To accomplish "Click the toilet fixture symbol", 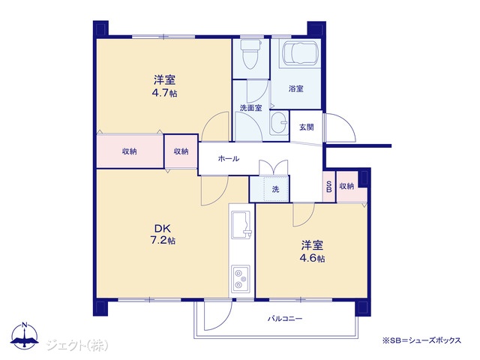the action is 251,54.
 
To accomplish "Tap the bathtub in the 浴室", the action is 300,53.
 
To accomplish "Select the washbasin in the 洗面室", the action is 280,123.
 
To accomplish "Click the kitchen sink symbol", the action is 241,224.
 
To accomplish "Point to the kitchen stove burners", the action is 241,278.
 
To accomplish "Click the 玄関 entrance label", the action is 307,127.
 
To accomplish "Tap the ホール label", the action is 229,158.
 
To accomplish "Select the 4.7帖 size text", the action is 165,93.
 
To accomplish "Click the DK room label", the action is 163,229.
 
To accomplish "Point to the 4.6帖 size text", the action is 312,258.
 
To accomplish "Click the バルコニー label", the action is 285,319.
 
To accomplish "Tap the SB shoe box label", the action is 329,187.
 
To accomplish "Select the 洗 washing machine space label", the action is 275,189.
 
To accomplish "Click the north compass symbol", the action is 25,335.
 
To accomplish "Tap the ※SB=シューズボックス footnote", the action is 421,340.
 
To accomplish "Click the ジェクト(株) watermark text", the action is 77,345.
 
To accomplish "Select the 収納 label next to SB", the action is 346,186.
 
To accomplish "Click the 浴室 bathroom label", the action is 296,89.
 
